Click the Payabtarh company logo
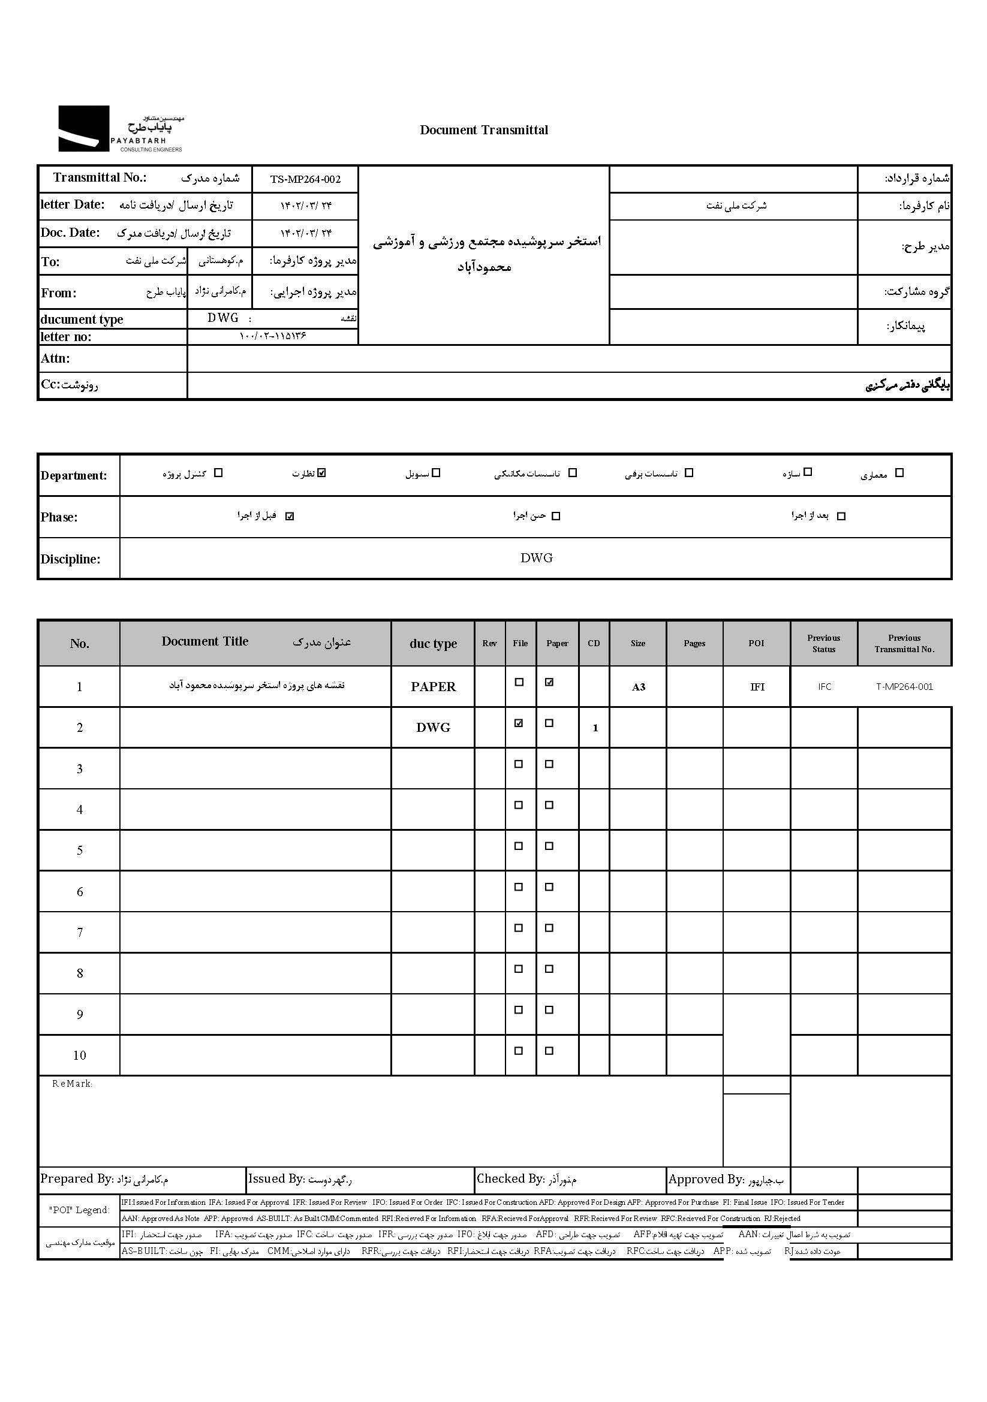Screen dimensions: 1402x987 [121, 129]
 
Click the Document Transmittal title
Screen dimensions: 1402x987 [484, 130]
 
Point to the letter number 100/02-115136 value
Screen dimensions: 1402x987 [272, 336]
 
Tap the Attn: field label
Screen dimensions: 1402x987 [56, 358]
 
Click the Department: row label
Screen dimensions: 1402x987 [74, 476]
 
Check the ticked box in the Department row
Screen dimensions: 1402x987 [322, 472]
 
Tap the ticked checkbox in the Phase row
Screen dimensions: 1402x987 [290, 516]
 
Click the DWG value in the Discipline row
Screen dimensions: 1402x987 [536, 558]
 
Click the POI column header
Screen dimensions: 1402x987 [756, 643]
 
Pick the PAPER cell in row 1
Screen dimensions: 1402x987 [433, 687]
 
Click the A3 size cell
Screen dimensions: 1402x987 [638, 688]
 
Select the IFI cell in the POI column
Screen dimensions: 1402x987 [757, 687]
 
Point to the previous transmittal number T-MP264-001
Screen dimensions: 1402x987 [904, 687]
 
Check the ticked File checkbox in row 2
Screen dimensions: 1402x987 [519, 723]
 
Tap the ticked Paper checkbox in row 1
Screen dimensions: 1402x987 [549, 683]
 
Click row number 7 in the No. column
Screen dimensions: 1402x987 [79, 933]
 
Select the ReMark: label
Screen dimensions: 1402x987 [72, 1084]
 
